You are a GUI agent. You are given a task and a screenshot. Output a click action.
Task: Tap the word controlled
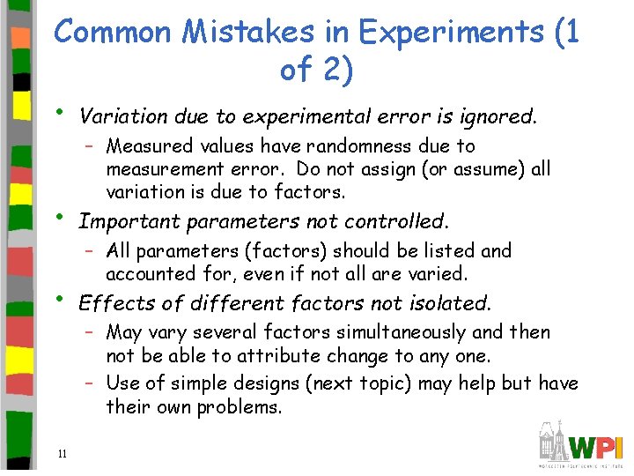click(397, 221)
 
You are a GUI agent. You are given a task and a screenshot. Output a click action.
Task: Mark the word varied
click(436, 273)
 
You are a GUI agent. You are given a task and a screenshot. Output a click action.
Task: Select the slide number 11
click(62, 454)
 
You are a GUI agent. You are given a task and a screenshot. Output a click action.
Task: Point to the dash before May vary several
click(91, 333)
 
